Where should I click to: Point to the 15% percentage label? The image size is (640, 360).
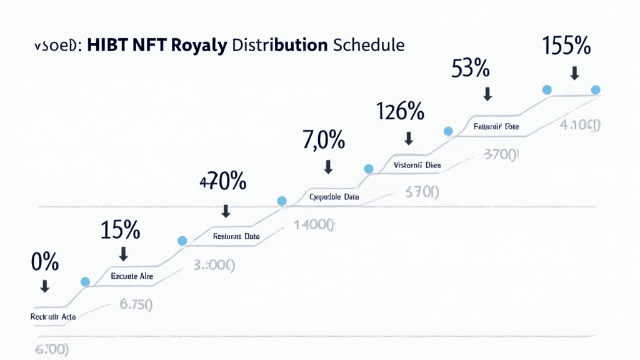[120, 230]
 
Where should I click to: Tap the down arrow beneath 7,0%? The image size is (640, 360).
[327, 167]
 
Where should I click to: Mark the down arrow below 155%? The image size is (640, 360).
[574, 73]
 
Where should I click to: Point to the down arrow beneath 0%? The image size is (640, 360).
[44, 287]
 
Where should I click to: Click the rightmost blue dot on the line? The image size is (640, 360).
[595, 89]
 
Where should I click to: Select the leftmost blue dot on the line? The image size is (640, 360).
[85, 281]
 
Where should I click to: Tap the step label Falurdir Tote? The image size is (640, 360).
[496, 127]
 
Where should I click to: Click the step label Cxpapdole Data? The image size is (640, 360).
[334, 197]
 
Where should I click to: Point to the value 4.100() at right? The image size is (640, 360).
[579, 124]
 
